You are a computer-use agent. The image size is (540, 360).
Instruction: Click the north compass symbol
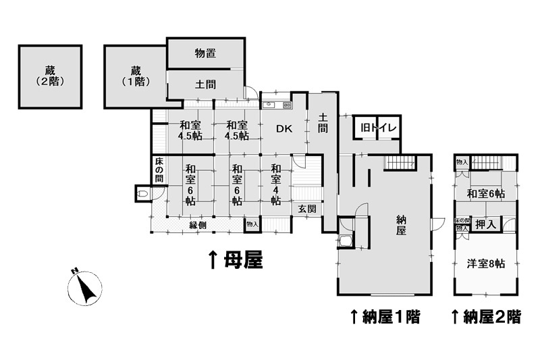(x=85, y=288)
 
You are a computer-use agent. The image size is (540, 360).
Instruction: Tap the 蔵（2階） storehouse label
(x=50, y=76)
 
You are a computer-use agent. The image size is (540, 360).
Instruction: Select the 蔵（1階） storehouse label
(x=135, y=76)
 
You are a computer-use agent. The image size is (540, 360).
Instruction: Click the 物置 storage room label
(x=205, y=54)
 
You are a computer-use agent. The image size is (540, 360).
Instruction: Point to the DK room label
(x=283, y=130)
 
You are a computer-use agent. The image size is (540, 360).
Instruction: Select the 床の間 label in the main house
(x=159, y=170)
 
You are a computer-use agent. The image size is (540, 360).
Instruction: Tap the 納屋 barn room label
(x=401, y=225)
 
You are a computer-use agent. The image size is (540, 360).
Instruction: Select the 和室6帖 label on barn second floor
(x=486, y=195)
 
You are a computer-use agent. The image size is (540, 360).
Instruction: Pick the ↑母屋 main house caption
(x=235, y=259)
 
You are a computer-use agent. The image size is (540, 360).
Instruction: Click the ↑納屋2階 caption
(x=485, y=315)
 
